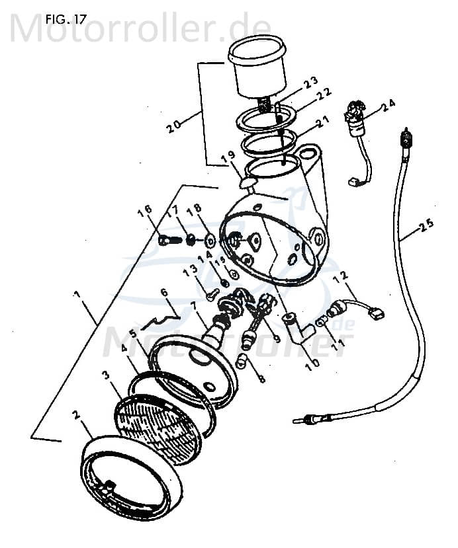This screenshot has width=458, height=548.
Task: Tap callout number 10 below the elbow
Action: (x=310, y=362)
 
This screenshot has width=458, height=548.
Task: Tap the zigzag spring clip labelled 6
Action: (x=157, y=321)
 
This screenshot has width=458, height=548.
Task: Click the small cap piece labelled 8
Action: (x=241, y=360)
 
